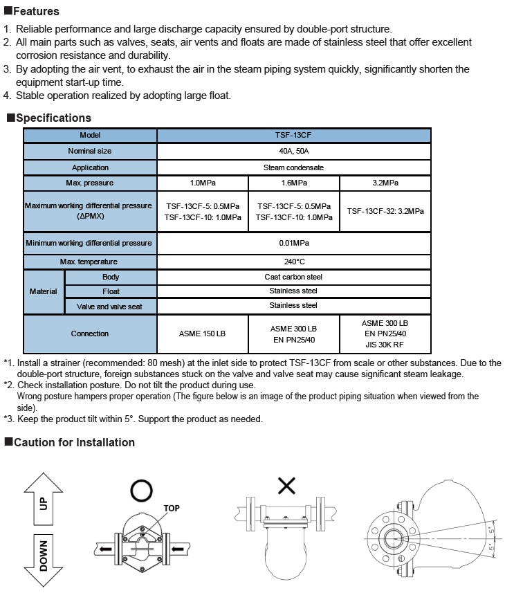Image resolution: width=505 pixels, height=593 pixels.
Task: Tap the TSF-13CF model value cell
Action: [x=293, y=136]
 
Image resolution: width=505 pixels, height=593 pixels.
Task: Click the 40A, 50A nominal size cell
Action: [x=293, y=152]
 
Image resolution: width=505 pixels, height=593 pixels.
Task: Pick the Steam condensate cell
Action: [x=293, y=167]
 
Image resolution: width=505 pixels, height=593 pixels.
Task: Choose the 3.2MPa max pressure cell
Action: [x=385, y=183]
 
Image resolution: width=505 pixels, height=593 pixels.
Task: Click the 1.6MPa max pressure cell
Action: [x=293, y=183]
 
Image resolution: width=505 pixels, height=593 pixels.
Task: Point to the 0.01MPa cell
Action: [x=293, y=243]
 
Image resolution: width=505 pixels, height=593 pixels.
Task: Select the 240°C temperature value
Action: [x=293, y=262]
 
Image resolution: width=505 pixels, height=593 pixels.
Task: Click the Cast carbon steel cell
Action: [x=293, y=277]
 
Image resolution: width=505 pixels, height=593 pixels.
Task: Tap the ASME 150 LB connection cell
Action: [x=202, y=334]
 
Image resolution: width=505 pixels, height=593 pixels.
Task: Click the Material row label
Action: [x=44, y=291]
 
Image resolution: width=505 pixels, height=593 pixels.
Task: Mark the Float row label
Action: [x=111, y=291]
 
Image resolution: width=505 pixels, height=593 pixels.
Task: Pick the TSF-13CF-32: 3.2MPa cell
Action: [x=385, y=212]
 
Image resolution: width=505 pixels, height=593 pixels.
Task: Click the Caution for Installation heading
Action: [x=74, y=442]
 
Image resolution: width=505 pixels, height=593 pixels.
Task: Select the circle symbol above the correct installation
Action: [x=142, y=491]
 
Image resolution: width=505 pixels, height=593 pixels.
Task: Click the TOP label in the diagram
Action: [x=172, y=509]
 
